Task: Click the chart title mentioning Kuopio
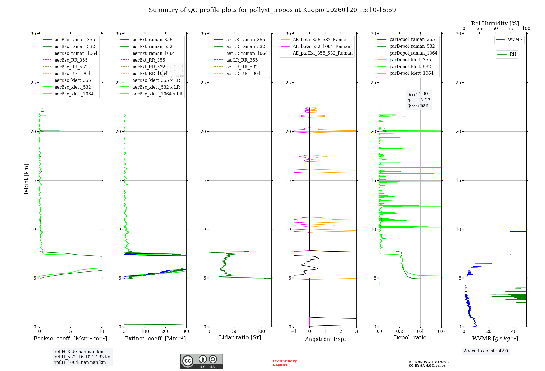click(272, 10)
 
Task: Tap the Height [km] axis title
click(26, 180)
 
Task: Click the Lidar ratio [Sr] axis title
click(240, 338)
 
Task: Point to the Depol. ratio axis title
click(410, 338)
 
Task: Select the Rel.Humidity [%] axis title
click(495, 23)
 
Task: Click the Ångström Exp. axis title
click(325, 339)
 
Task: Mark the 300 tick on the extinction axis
click(186, 331)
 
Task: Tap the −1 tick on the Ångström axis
click(294, 331)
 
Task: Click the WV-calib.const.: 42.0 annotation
click(486, 351)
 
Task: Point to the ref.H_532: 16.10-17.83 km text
click(83, 357)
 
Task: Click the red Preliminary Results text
click(284, 363)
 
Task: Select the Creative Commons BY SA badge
click(201, 361)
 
